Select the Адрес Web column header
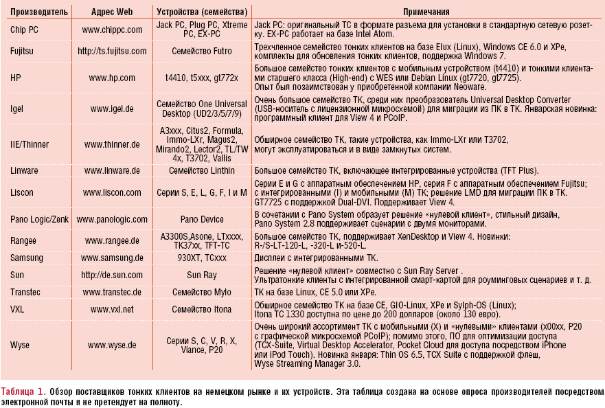[x=112, y=12]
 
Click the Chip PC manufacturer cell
[x=25, y=30]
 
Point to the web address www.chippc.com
[x=112, y=30]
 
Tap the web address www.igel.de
[x=112, y=109]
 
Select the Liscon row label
[x=23, y=192]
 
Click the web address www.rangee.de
[x=112, y=241]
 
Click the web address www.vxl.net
[x=112, y=310]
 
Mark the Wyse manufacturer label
[x=21, y=345]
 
